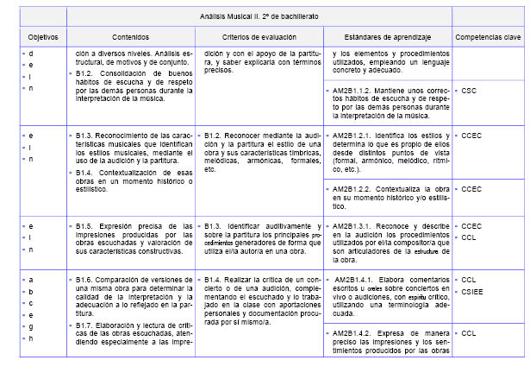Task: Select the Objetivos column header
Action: [x=30, y=38]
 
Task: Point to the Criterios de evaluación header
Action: [x=259, y=38]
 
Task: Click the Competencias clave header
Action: [x=488, y=38]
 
